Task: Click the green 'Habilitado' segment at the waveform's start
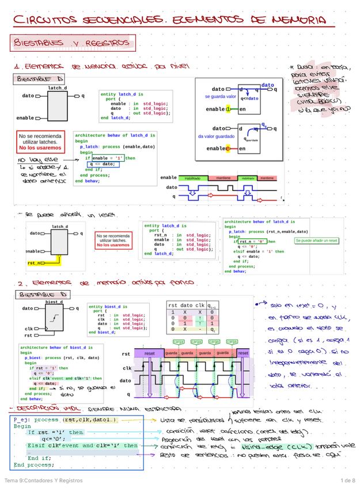(192, 178)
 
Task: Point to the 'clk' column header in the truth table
(199, 305)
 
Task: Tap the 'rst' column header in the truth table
(172, 305)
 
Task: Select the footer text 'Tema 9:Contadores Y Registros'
(43, 481)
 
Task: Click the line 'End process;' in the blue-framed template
(33, 465)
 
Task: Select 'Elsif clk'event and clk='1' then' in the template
(82, 445)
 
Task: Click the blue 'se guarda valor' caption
(221, 97)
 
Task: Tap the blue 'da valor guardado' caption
(216, 136)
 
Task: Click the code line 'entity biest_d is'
(108, 307)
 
